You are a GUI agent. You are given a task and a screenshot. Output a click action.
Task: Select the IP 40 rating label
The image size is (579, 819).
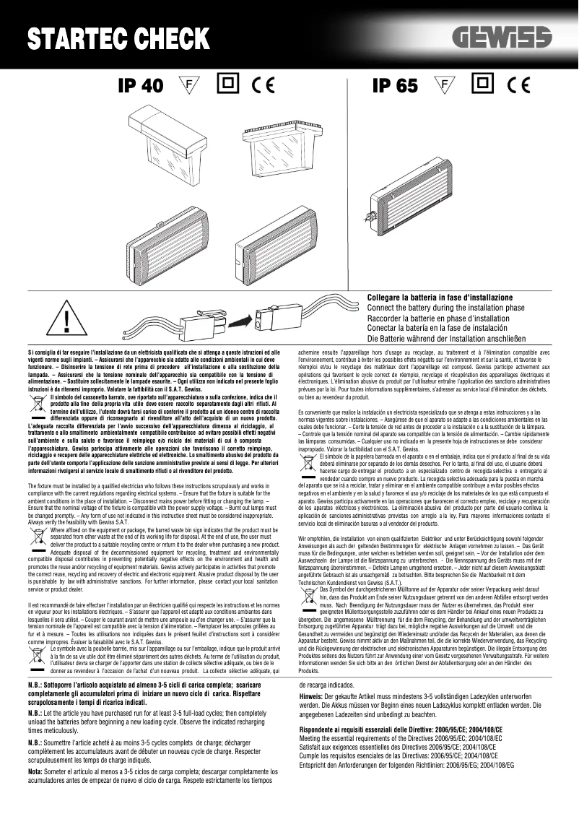140,86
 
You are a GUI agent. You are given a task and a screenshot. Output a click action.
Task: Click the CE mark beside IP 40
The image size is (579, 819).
264,85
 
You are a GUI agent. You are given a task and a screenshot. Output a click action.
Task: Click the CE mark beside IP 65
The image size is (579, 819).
518,85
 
